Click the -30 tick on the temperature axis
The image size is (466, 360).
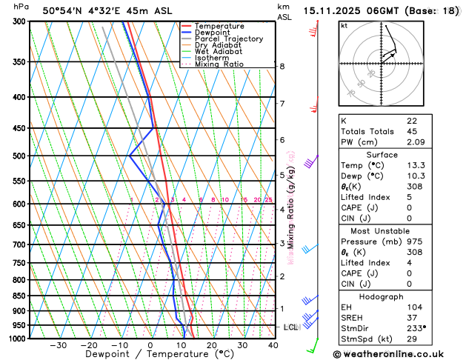click(x=59, y=345)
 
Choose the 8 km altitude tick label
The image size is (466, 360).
click(x=282, y=67)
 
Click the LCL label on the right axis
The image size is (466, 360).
click(x=290, y=327)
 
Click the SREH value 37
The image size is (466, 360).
click(x=412, y=319)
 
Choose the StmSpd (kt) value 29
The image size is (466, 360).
click(x=412, y=340)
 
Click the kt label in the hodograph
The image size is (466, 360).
click(x=344, y=25)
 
